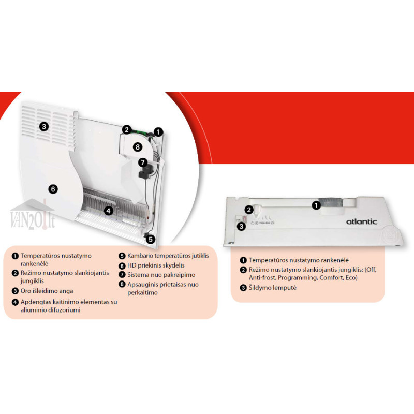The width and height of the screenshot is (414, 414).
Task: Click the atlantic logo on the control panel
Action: point(361,222)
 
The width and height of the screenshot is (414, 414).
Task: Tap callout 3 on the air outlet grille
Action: point(44,126)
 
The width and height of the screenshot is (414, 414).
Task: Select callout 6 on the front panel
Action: point(53,189)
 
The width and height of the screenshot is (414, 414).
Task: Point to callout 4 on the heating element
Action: point(109,211)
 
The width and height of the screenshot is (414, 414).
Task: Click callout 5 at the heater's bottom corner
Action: point(151,240)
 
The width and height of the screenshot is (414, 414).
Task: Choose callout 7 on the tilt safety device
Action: point(143,162)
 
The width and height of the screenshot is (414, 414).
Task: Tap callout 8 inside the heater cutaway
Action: point(137,147)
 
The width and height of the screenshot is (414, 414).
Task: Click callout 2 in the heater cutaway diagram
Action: point(127,130)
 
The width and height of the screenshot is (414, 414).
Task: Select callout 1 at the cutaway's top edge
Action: point(158,132)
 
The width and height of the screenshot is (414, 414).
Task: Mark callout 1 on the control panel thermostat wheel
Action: point(316,205)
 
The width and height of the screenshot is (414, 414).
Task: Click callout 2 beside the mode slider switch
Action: point(249,210)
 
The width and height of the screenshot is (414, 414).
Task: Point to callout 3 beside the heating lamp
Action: point(241,226)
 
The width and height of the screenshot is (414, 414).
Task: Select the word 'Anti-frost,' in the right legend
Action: point(262,278)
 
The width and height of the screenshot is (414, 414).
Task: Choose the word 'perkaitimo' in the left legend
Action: point(143,293)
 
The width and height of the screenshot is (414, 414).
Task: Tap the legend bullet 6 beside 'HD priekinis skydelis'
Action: point(122,266)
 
